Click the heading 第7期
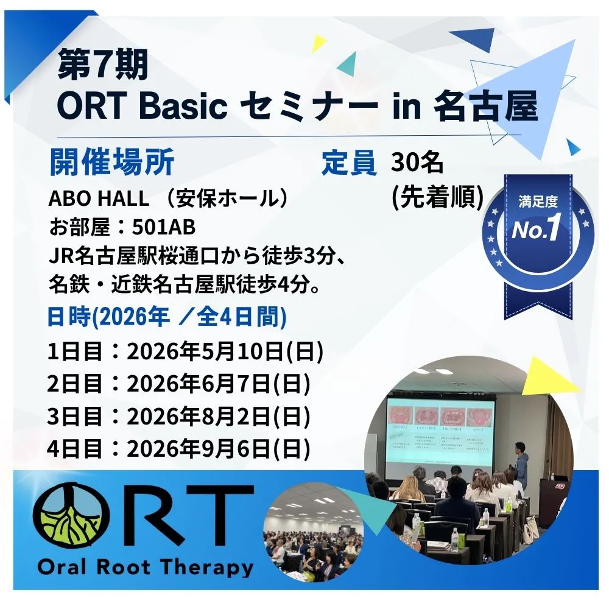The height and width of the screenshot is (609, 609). point(103,65)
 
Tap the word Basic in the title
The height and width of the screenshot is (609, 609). point(183,106)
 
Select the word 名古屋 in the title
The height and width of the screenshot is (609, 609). point(485,106)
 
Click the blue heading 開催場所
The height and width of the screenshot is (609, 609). point(112,162)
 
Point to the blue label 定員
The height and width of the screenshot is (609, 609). point(349,163)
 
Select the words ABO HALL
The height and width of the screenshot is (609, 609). point(99,199)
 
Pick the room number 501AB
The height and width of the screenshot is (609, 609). point(163,228)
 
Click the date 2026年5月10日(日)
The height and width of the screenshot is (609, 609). point(225,352)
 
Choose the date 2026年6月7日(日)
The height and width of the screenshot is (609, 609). point(219,384)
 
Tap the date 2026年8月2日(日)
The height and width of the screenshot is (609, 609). point(219,417)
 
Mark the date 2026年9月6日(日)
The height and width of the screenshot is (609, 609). point(219,449)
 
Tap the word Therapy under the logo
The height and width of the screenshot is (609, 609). point(206,568)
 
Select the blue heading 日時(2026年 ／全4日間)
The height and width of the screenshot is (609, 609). point(167,317)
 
